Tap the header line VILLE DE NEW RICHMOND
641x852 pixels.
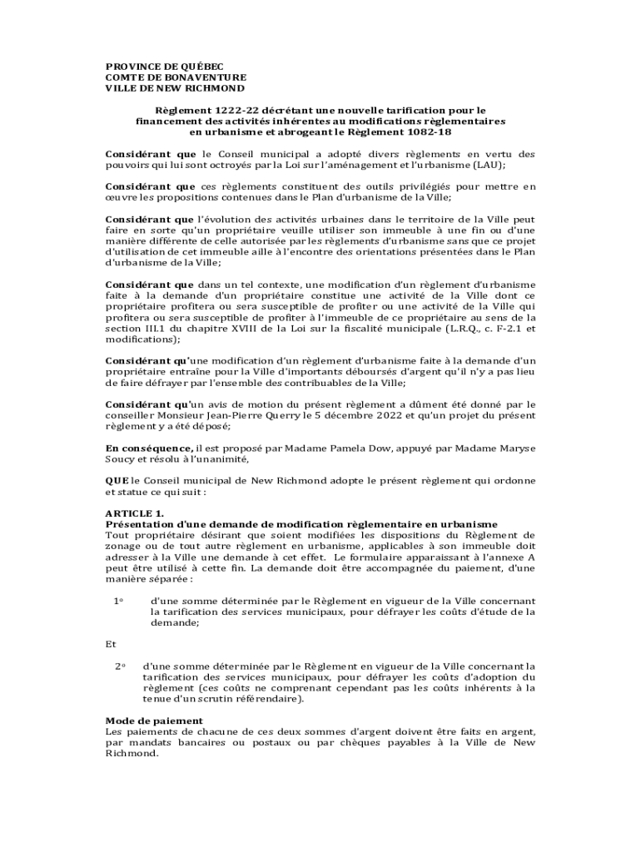[175, 87]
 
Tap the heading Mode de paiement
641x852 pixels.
[154, 721]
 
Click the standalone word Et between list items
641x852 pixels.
[111, 644]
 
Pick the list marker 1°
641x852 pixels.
[119, 601]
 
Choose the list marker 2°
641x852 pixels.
[119, 666]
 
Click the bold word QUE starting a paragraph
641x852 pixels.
[117, 481]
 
